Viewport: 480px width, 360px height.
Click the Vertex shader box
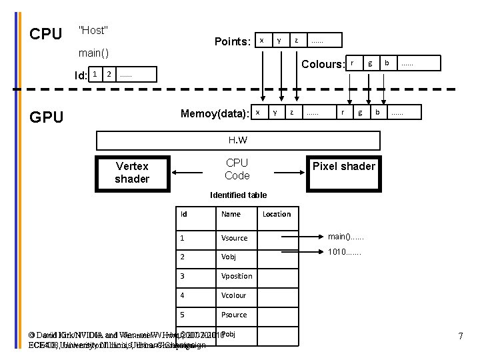pyautogui.click(x=132, y=172)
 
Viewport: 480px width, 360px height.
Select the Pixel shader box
pyautogui.click(x=344, y=166)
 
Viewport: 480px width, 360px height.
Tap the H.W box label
pyautogui.click(x=238, y=140)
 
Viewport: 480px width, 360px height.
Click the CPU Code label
pyautogui.click(x=237, y=169)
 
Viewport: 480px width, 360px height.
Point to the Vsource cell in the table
pyautogui.click(x=234, y=238)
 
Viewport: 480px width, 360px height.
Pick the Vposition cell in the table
pyautogui.click(x=237, y=276)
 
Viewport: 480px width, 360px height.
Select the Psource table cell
pyautogui.click(x=234, y=315)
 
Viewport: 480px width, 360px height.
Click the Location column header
pyautogui.click(x=277, y=214)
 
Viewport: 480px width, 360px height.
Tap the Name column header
pyautogui.click(x=231, y=214)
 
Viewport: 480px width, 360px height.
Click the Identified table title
pyautogui.click(x=238, y=195)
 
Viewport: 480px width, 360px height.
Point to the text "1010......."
pyautogui.click(x=345, y=253)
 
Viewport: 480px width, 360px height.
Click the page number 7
pyautogui.click(x=460, y=337)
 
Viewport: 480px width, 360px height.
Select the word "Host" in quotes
pyautogui.click(x=93, y=30)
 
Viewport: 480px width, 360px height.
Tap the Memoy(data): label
pyautogui.click(x=215, y=113)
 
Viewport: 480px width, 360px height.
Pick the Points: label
pyautogui.click(x=232, y=41)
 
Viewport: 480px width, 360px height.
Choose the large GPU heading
pyautogui.click(x=47, y=117)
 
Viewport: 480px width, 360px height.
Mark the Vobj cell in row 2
pyautogui.click(x=229, y=257)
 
